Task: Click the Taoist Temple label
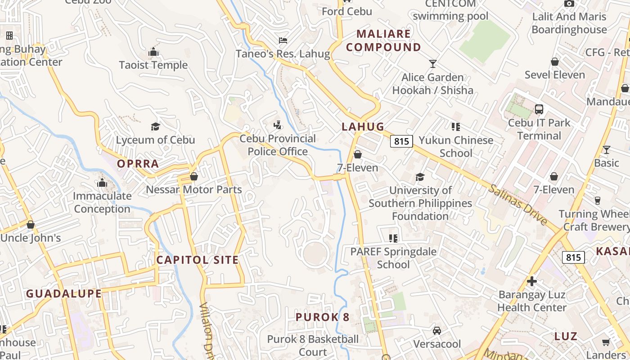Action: point(153,65)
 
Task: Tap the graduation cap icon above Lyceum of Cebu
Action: point(155,126)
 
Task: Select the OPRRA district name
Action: point(138,163)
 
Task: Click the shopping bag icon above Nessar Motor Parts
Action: point(194,176)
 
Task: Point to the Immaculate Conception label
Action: point(102,202)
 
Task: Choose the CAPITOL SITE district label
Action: point(197,260)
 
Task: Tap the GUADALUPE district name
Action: point(63,294)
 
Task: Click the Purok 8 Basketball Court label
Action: point(313,345)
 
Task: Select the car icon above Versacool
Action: point(436,331)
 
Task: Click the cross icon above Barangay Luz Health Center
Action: point(532,281)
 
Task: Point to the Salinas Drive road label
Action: point(518,205)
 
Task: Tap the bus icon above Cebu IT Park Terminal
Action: point(539,109)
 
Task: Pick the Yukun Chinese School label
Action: point(456,147)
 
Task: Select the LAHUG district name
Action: point(363,126)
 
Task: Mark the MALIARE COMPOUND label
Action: point(383,40)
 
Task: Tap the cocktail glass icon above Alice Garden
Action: point(433,63)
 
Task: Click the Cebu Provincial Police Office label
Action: point(278,145)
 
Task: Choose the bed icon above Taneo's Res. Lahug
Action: point(283,40)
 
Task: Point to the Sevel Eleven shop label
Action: point(554,75)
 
